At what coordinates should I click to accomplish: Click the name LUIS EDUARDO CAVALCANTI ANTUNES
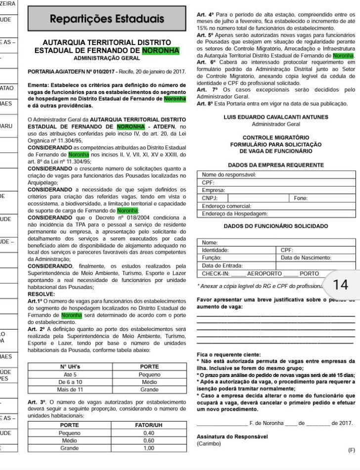(x=276, y=117)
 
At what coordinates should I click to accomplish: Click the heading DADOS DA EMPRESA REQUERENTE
(x=276, y=165)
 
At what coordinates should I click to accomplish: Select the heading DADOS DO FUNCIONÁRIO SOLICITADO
(x=276, y=226)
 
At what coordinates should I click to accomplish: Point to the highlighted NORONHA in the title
(x=160, y=51)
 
